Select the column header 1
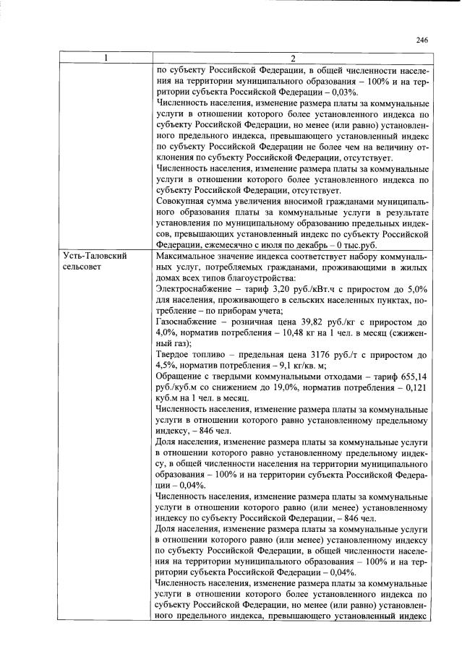tap(106, 59)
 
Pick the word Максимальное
tap(190, 257)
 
